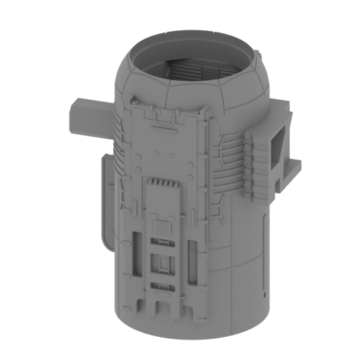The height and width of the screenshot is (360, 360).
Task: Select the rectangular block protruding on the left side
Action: pos(89,118)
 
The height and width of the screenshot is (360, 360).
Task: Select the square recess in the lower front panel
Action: pos(165,264)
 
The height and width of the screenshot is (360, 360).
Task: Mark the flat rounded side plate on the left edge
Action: pos(105,204)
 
